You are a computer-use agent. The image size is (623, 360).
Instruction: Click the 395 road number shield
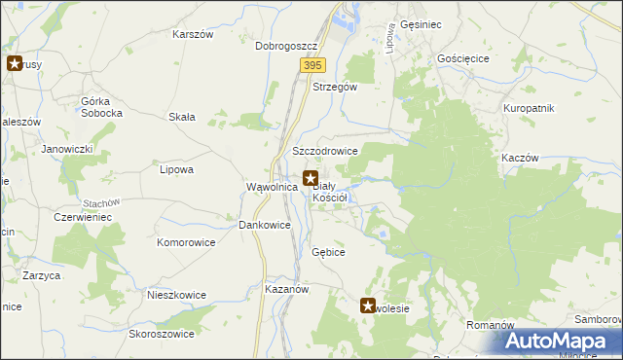tap(311, 64)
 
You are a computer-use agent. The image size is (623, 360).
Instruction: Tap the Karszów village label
tap(192, 34)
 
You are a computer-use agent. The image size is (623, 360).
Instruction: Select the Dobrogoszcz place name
tap(287, 46)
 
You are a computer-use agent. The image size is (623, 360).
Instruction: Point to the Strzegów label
tap(335, 87)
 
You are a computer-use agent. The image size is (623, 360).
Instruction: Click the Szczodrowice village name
tap(325, 152)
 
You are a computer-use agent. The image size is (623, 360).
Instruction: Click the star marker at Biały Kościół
tap(311, 179)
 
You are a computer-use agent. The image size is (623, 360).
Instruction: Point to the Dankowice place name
tap(265, 225)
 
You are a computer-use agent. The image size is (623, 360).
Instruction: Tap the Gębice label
tap(328, 252)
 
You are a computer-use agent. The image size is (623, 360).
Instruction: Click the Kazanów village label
tap(286, 290)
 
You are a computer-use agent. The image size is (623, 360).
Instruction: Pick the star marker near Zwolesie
tap(369, 306)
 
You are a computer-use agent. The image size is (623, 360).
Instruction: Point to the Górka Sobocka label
tap(102, 107)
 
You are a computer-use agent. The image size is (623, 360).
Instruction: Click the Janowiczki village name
tap(66, 149)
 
